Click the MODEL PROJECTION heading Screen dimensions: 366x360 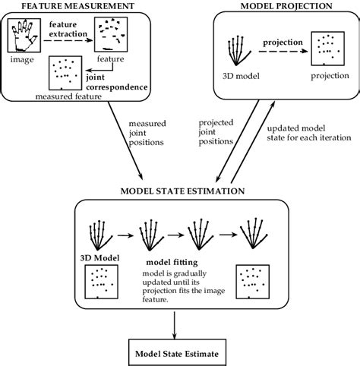(x=286, y=6)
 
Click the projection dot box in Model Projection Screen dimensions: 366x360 (x=330, y=50)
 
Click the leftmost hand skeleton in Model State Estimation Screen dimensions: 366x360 (x=98, y=233)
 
